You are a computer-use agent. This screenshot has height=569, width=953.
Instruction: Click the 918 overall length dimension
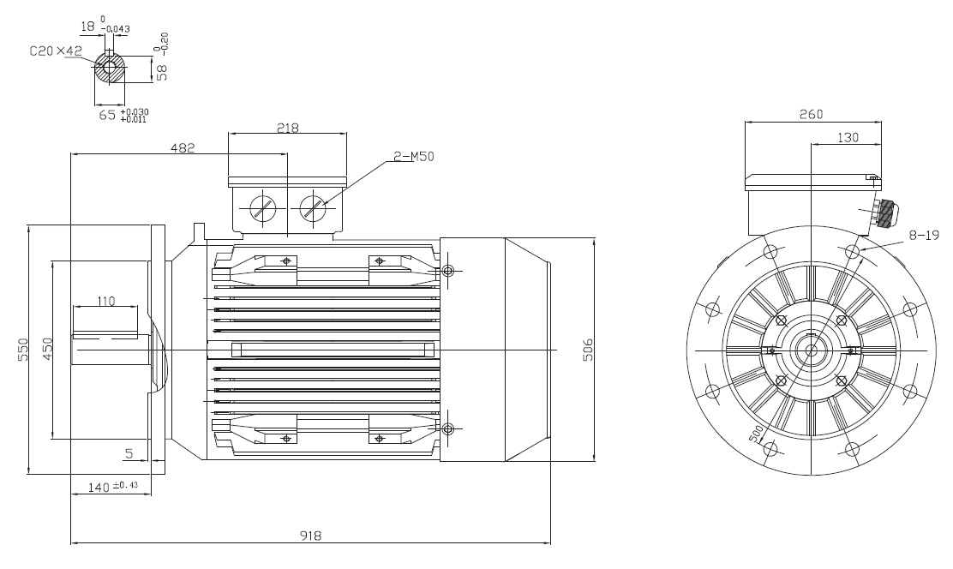[x=310, y=536]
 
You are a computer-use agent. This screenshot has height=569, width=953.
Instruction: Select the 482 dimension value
[x=183, y=147]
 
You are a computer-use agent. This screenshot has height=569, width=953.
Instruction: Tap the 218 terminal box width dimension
[x=287, y=129]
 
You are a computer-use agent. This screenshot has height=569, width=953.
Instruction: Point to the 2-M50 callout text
[x=414, y=156]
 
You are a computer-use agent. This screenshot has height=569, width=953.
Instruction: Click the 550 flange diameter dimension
[x=23, y=350]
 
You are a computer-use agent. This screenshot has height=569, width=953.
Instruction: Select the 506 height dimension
[x=588, y=350]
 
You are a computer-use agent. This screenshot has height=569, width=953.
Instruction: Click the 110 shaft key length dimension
[x=105, y=301]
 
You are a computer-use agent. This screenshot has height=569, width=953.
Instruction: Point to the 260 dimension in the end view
[x=812, y=114]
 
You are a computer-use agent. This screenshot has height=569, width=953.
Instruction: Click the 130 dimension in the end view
[x=848, y=137]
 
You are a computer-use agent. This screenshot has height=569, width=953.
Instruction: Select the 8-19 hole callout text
[x=925, y=236]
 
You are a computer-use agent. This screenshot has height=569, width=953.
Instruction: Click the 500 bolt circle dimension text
[x=756, y=434]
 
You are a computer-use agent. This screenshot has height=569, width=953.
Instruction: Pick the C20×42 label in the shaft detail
[x=56, y=51]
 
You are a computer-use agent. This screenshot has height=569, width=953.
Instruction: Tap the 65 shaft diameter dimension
[x=107, y=114]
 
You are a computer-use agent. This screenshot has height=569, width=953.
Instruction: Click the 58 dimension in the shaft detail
[x=162, y=72]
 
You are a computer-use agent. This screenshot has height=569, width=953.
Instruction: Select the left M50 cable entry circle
[x=263, y=209]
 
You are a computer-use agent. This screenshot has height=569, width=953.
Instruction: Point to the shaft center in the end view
[x=812, y=350]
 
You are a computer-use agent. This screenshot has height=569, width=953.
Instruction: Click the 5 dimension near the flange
[x=129, y=453]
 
